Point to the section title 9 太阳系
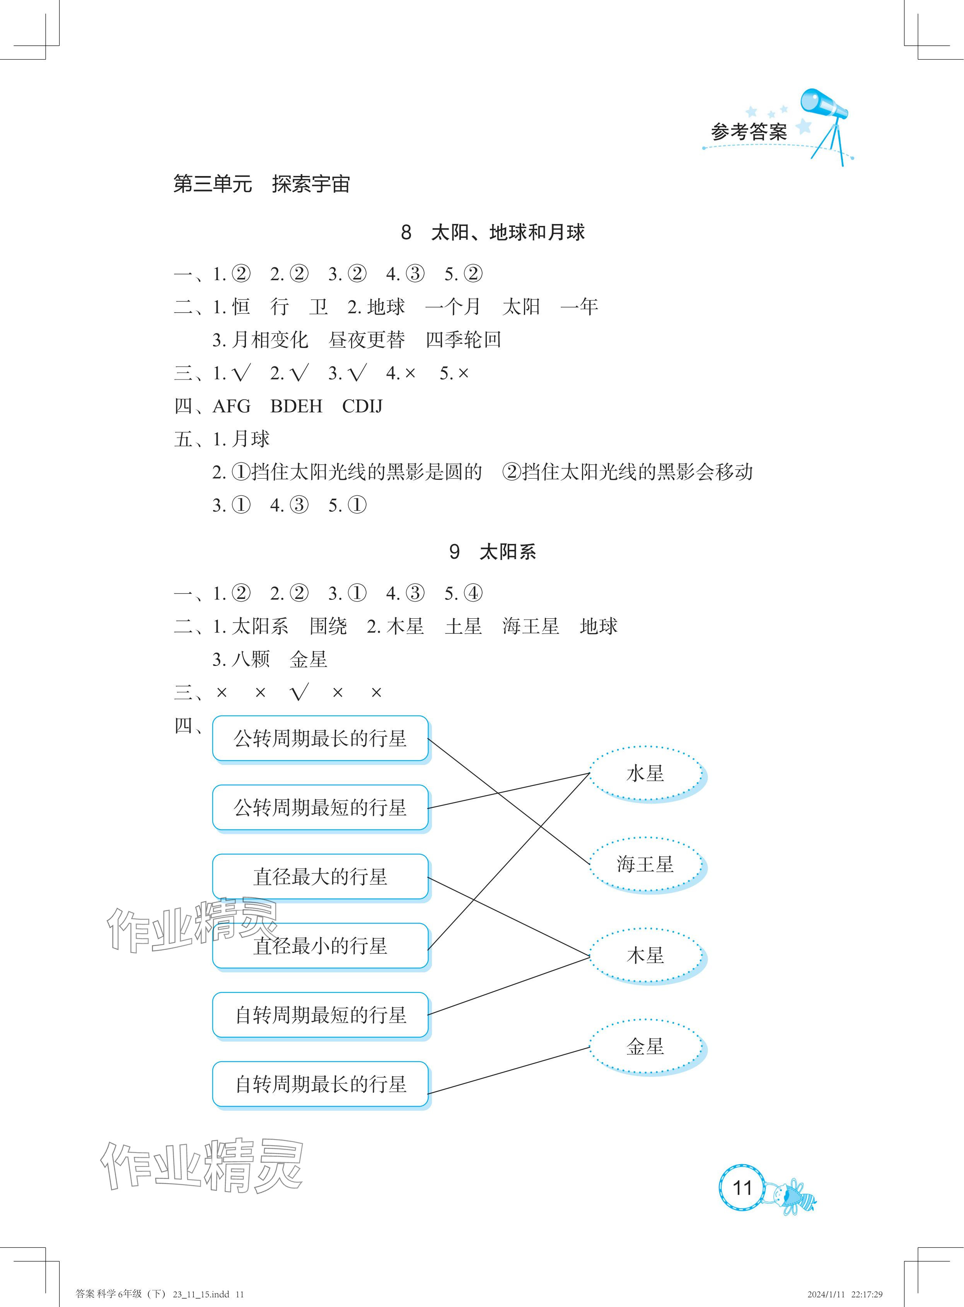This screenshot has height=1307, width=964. [x=493, y=552]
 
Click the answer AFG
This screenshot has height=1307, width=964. [x=232, y=406]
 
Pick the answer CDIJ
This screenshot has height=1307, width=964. [x=362, y=406]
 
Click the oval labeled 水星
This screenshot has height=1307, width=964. [x=645, y=774]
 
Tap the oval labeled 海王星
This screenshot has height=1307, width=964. [x=645, y=864]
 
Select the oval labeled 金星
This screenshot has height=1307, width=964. [x=645, y=1047]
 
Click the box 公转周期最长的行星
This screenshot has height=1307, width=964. [x=320, y=739]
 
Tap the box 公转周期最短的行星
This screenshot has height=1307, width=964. [x=320, y=807]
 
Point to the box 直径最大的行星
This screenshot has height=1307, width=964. [x=320, y=876]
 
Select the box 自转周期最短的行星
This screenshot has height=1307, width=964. [x=320, y=1015]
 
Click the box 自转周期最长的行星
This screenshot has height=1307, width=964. [x=320, y=1084]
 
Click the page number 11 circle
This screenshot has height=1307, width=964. [x=742, y=1187]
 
